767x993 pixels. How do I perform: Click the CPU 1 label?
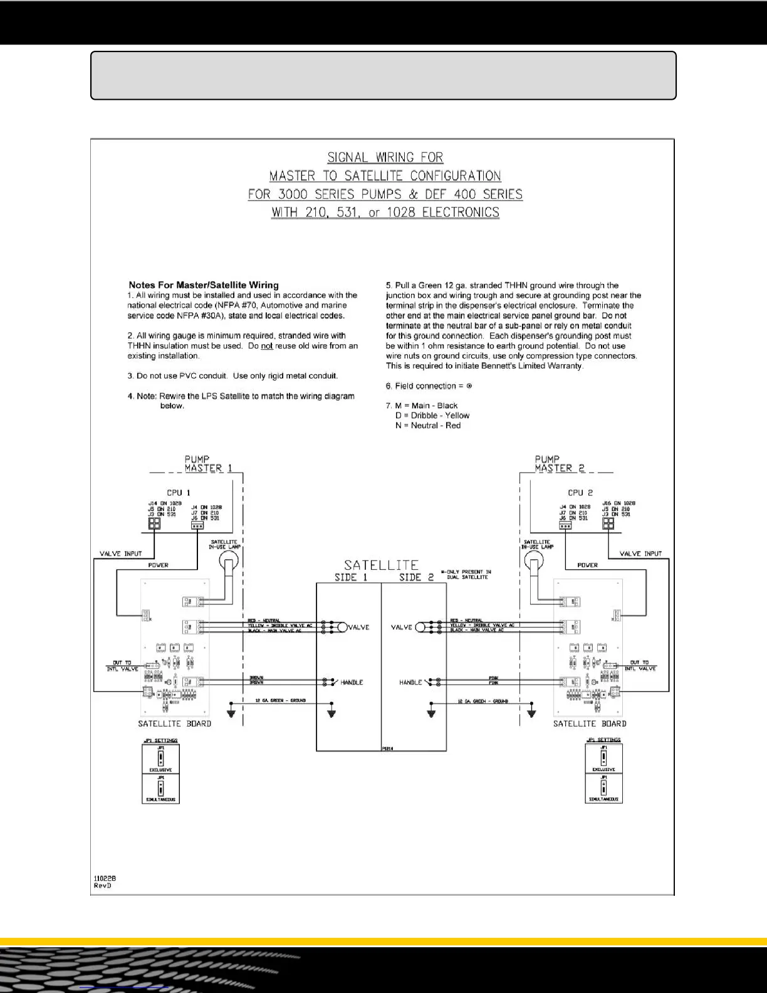click(x=178, y=493)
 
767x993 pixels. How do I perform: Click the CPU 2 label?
click(x=580, y=493)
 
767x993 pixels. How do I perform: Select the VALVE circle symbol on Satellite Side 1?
click(x=342, y=627)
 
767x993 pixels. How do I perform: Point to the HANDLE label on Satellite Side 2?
click(x=410, y=682)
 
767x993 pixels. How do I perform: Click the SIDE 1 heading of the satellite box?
click(x=346, y=577)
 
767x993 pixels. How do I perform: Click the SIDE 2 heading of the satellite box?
click(x=416, y=577)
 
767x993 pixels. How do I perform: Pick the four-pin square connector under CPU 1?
click(x=154, y=523)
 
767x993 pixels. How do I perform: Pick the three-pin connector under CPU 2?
click(x=565, y=525)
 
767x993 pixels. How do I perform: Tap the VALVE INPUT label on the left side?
click(x=121, y=554)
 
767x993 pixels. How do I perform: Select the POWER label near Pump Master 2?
click(x=587, y=565)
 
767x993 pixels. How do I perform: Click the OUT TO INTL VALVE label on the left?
click(x=122, y=666)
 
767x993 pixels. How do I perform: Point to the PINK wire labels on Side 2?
click(x=494, y=680)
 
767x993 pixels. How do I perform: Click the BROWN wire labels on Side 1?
click(x=256, y=680)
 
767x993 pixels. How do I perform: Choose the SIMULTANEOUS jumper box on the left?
click(x=161, y=789)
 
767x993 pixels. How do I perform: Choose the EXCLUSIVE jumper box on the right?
click(x=603, y=758)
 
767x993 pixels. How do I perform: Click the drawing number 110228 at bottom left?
click(x=105, y=878)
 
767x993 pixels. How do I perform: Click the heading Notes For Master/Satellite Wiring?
click(x=204, y=285)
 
